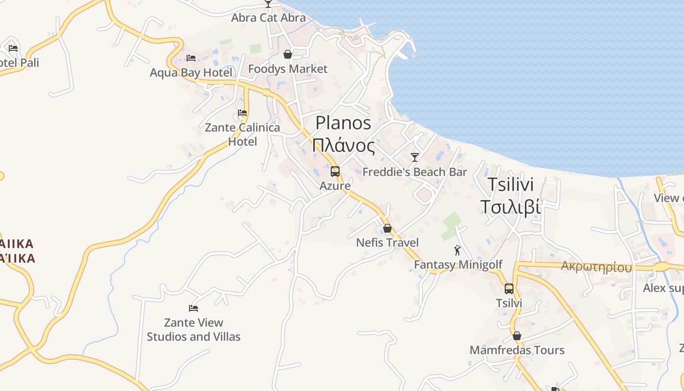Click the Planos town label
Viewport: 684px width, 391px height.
coord(343,123)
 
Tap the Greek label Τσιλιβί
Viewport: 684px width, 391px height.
coord(511,207)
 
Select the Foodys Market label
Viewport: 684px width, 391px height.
coord(288,69)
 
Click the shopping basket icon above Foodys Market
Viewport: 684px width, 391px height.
coord(288,54)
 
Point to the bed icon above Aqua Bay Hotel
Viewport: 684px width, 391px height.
coord(191,58)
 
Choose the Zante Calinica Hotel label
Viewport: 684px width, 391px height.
coord(242,134)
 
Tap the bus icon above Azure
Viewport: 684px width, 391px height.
coord(335,172)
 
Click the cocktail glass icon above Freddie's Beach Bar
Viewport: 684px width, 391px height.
coord(415,157)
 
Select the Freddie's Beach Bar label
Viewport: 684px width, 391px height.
coord(415,172)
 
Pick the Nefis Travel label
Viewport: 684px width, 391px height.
coord(387,242)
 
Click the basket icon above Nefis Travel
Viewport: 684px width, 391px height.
coord(387,228)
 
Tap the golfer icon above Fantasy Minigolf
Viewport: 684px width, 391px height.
coord(457,250)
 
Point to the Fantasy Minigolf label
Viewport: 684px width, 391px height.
coord(458,265)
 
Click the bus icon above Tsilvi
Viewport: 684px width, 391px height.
coord(509,289)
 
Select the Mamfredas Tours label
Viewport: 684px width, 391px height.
coord(517,350)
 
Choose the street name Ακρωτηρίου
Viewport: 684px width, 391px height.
coord(596,267)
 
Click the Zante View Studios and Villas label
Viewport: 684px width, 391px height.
coord(194,329)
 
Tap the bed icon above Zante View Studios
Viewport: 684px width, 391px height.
coord(193,308)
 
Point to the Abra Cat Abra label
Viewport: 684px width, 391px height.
coord(268,18)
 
